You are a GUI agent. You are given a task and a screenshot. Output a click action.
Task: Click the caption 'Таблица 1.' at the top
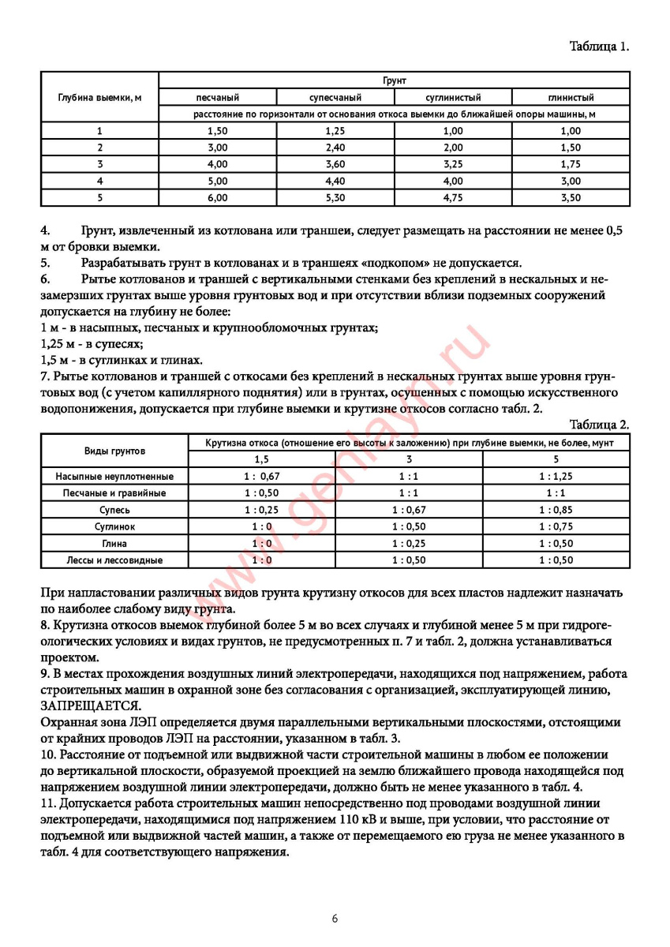(599, 47)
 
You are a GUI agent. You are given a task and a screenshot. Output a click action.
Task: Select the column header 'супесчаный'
(335, 98)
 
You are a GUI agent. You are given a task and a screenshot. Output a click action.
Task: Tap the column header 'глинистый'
(571, 98)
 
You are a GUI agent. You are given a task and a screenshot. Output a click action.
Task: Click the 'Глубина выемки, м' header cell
(99, 98)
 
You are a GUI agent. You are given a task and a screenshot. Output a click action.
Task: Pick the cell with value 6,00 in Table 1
(217, 197)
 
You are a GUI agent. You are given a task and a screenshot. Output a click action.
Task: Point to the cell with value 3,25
(453, 164)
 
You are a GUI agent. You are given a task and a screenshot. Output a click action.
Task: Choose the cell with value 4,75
(453, 197)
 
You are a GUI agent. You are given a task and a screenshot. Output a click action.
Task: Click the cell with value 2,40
(335, 148)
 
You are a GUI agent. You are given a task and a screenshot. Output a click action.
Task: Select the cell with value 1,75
(571, 164)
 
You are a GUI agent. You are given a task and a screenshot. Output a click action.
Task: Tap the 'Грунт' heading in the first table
(394, 80)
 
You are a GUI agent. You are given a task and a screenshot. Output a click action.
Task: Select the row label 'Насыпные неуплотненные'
(114, 477)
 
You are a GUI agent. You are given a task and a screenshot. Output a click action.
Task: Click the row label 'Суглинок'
(114, 526)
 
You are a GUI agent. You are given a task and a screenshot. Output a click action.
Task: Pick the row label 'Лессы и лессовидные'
(114, 560)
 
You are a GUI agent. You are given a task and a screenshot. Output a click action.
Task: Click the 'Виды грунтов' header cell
(114, 451)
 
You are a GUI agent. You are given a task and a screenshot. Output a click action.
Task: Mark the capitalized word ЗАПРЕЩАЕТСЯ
(90, 705)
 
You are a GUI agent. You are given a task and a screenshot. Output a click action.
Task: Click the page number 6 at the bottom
(335, 919)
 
